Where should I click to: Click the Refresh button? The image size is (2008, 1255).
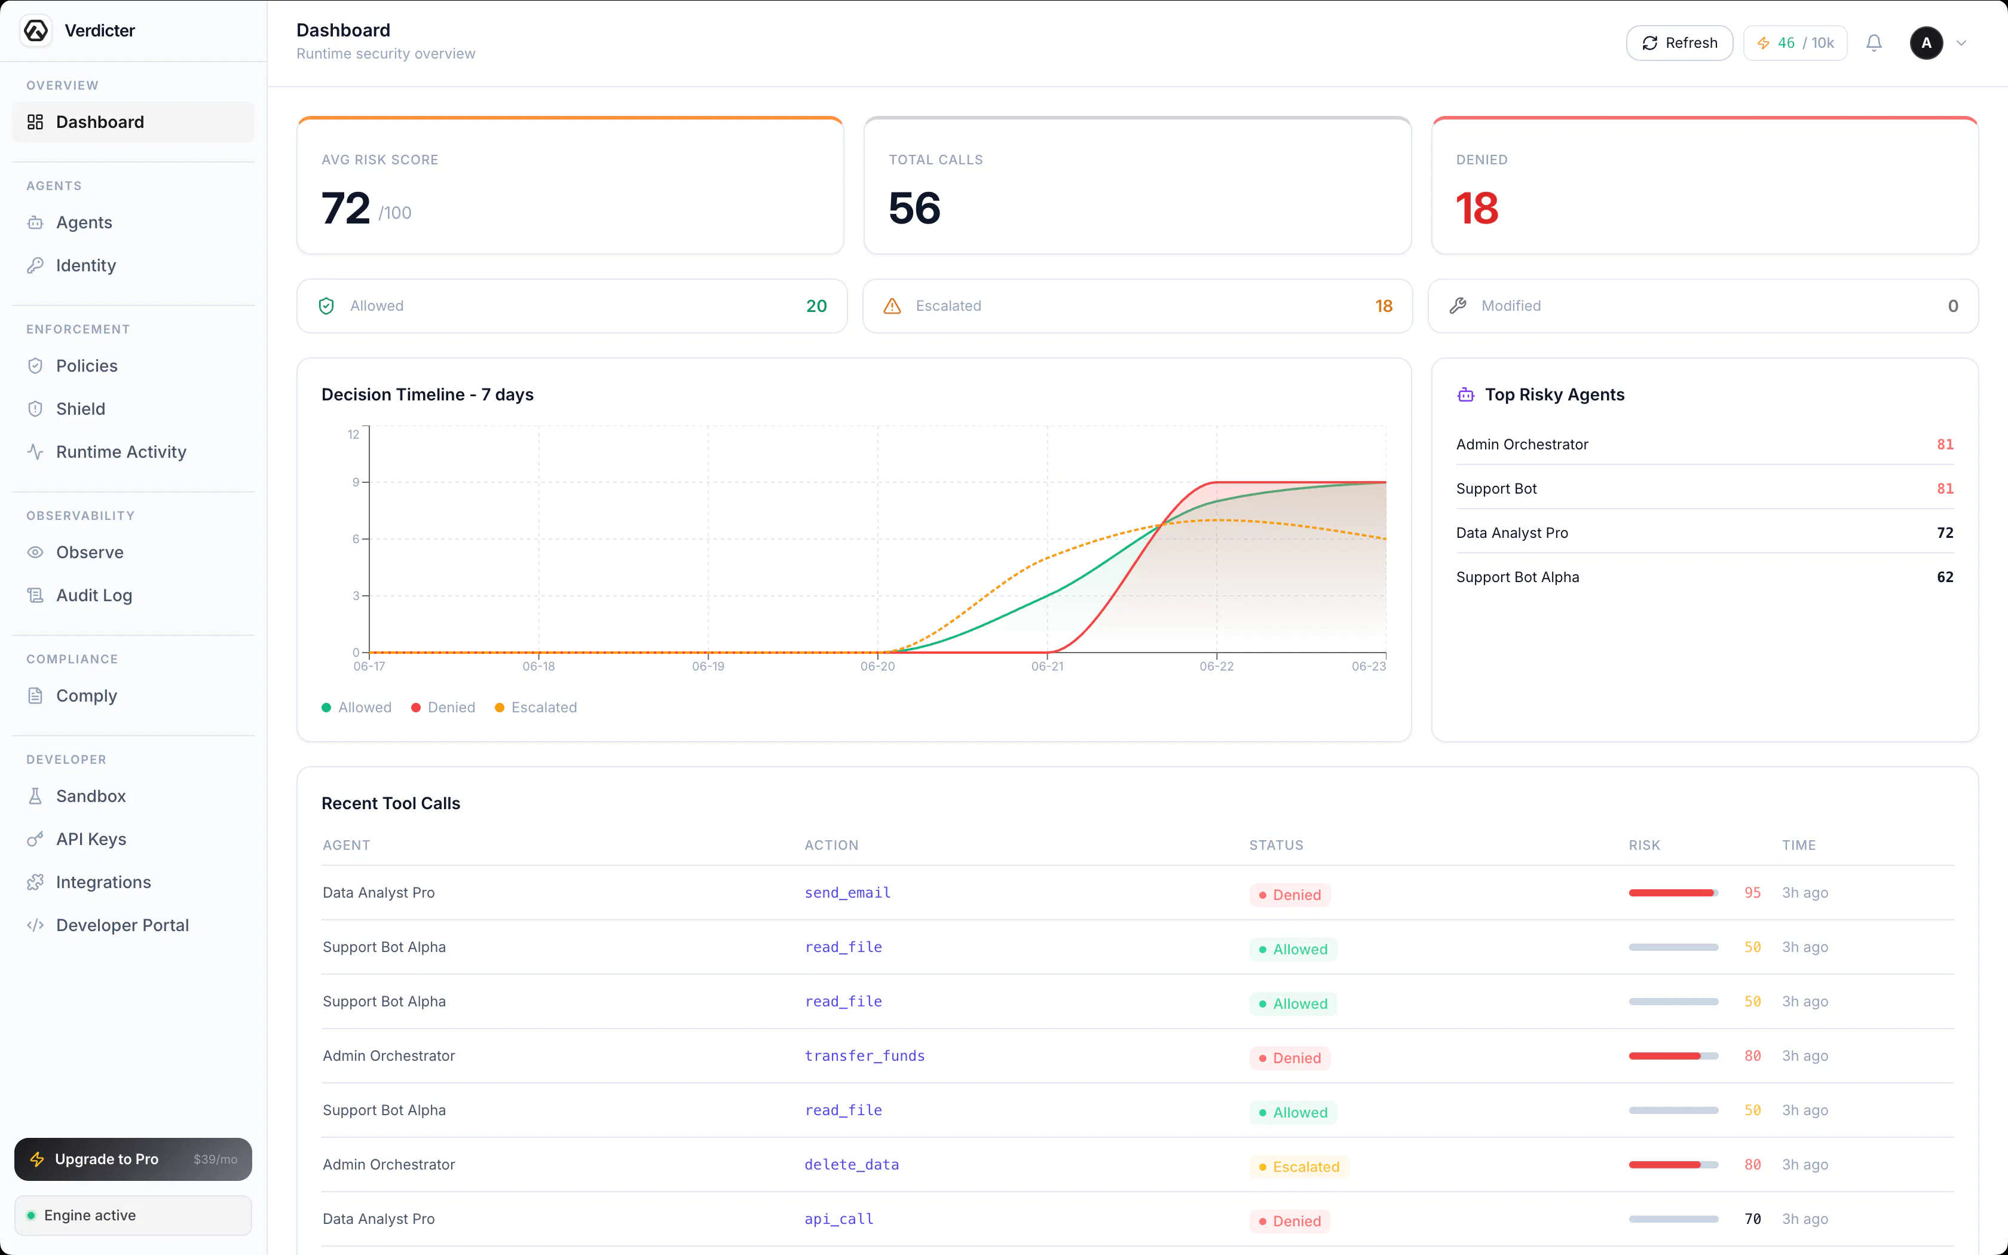point(1679,43)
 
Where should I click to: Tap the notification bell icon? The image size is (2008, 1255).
point(1874,43)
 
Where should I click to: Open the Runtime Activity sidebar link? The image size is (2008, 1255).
point(121,452)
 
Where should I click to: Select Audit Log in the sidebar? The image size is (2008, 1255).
point(94,595)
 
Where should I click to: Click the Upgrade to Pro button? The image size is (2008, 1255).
point(133,1159)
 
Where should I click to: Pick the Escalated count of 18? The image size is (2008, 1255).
point(1383,306)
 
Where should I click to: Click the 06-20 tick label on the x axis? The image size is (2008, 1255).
point(877,666)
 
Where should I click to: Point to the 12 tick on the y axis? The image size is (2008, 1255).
point(353,434)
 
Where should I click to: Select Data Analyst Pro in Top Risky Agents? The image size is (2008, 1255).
point(1512,533)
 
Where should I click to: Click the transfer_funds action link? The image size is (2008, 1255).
point(865,1056)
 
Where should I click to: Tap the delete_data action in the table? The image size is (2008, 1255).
point(852,1165)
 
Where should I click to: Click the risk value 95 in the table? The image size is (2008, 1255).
point(1752,893)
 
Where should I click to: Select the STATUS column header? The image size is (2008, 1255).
point(1276,845)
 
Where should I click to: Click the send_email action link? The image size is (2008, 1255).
point(847,893)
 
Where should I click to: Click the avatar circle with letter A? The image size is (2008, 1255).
point(1926,43)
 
